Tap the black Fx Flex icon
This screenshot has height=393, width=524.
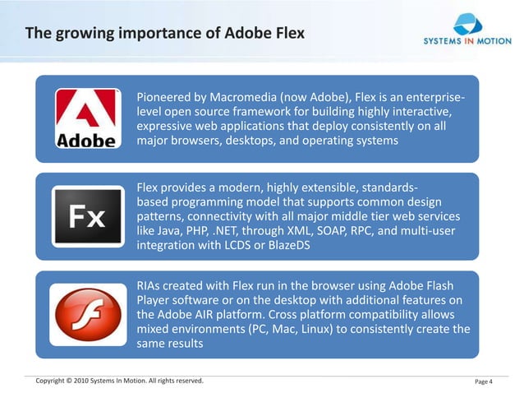point(85,218)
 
